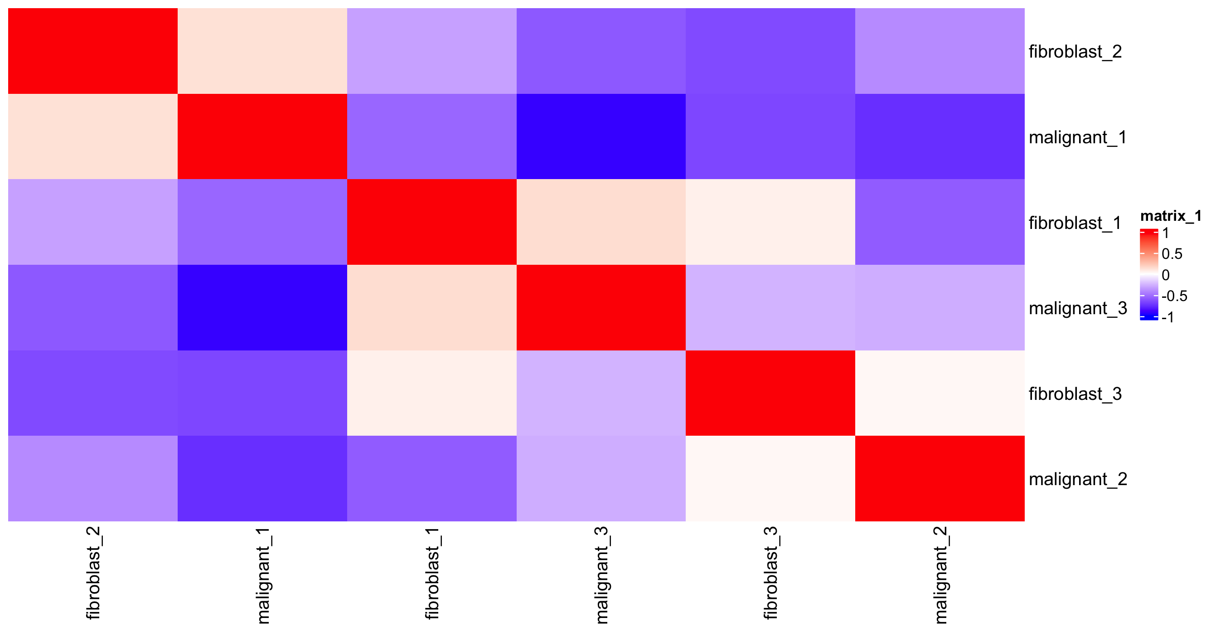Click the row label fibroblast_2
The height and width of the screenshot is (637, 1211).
point(1075,51)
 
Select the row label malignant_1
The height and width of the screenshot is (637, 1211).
point(1077,137)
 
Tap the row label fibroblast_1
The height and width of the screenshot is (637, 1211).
point(1075,222)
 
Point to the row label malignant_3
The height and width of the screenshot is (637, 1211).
point(1077,308)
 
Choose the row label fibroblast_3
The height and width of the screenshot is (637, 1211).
point(1075,394)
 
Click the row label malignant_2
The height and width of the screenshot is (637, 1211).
point(1077,479)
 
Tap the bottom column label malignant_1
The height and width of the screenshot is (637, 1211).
point(263,575)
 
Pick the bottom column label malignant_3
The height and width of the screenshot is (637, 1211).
point(601,575)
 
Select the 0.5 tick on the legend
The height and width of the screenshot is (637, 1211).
point(1172,254)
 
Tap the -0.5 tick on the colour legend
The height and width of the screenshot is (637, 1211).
point(1174,296)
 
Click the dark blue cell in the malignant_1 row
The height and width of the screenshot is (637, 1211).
point(601,136)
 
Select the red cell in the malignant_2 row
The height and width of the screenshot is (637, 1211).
point(939,479)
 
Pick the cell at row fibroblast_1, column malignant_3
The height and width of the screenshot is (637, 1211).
point(601,222)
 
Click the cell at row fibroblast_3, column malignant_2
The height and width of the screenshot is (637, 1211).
point(939,393)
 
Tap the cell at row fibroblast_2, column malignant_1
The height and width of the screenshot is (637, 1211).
point(262,51)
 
